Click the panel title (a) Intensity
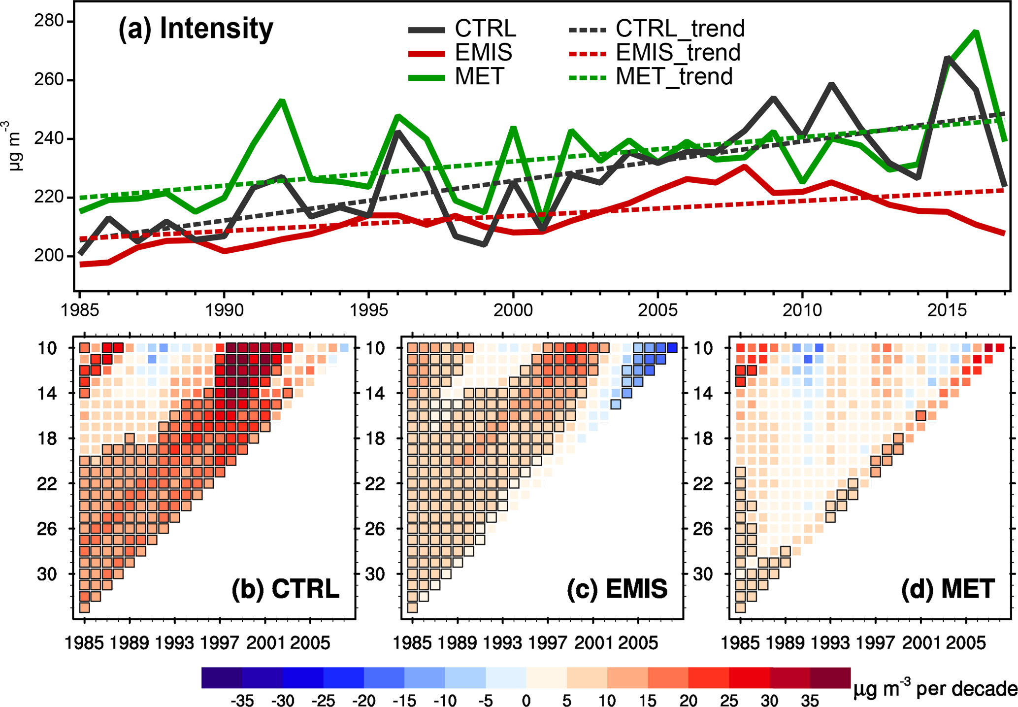coord(196,29)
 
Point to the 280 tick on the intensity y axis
coord(49,21)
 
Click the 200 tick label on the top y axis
coord(49,256)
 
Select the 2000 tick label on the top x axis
coord(513,310)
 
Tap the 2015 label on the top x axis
coord(947,310)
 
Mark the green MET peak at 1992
coord(282,101)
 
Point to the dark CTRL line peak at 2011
coord(831,85)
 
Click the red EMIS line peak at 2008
coord(745,167)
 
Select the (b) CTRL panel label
coord(285,589)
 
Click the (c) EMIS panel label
coord(617,589)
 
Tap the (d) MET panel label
coord(947,589)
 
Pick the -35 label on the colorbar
coord(242,700)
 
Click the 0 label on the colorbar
coord(526,700)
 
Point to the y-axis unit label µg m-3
coord(15,146)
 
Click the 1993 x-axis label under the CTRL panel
coord(174,643)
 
